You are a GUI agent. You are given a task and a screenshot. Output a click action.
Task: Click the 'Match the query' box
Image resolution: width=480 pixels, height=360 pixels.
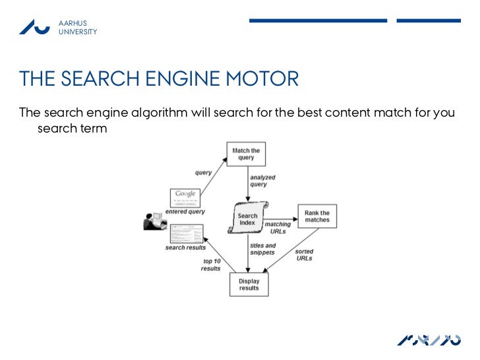pos(246,154)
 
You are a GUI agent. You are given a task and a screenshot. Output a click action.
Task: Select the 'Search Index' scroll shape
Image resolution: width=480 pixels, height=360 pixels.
pos(247,219)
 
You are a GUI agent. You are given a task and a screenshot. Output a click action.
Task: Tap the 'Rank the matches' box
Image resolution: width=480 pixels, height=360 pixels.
pos(316,216)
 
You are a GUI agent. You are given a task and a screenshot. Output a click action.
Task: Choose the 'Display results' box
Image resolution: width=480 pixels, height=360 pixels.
pos(249,284)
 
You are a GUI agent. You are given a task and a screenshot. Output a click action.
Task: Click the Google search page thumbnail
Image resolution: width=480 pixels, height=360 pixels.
pos(186,198)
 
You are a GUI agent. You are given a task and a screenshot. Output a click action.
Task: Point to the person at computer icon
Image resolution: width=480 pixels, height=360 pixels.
pos(153,222)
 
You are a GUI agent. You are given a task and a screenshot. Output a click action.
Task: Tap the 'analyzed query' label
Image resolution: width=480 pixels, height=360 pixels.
pos(262,181)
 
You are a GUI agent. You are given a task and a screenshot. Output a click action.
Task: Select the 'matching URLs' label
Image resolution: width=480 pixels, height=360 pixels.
pos(277,228)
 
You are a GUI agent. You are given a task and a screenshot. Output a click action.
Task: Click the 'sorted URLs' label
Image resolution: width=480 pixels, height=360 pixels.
pos(304,255)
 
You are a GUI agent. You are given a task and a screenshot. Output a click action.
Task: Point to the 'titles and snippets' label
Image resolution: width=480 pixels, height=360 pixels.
pos(262,249)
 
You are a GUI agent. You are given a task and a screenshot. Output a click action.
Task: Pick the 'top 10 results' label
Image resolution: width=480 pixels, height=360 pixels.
pos(211,265)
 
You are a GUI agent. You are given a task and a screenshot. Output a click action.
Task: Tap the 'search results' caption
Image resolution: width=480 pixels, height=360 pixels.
pos(185,248)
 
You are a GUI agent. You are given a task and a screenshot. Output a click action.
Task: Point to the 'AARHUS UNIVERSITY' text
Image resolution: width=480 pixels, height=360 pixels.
pos(77,28)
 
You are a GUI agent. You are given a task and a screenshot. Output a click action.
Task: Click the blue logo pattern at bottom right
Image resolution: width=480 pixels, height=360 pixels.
pos(429,340)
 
